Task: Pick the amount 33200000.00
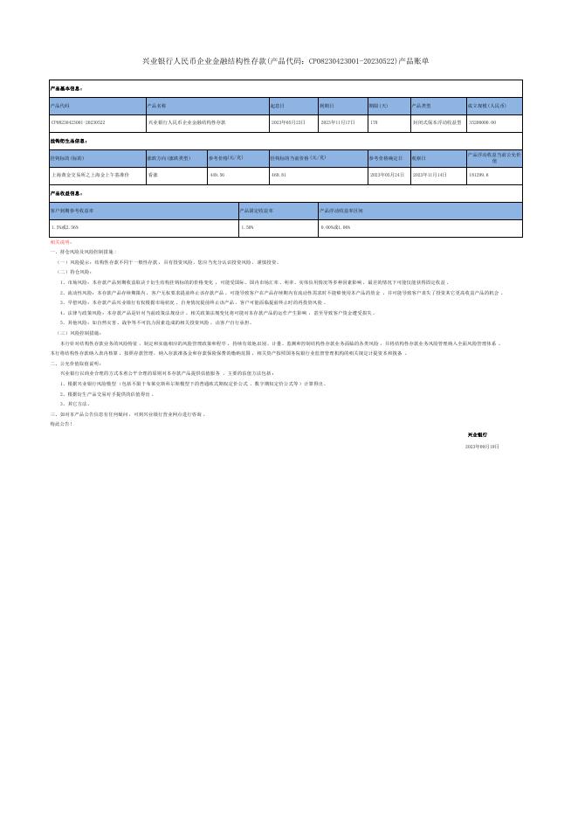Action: pos(484,123)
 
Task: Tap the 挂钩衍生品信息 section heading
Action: pos(70,141)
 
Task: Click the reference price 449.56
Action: pos(217,175)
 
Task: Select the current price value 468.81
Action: pos(279,175)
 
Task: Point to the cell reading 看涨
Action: pos(153,175)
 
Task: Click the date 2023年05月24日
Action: pos(386,175)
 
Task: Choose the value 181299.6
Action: pos(478,175)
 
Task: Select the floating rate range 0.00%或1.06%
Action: pos(336,227)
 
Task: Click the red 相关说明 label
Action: pos(60,241)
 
